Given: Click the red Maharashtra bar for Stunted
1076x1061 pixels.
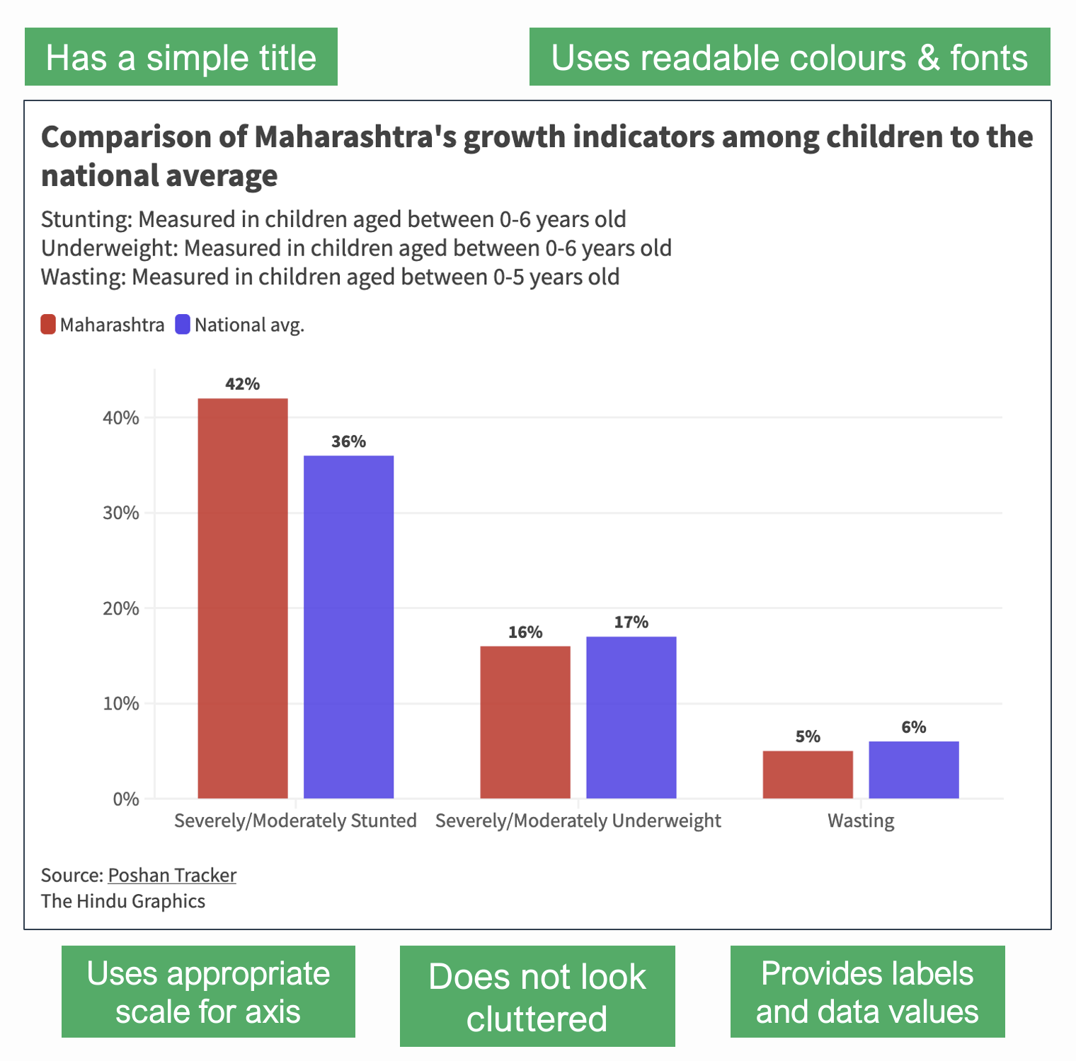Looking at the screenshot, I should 243,598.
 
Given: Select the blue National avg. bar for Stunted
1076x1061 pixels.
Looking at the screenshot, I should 348,627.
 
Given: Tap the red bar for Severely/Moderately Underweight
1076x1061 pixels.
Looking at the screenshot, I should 525,722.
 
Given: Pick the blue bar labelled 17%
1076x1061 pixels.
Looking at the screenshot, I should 631,717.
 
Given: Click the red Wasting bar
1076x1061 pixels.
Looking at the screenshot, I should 808,775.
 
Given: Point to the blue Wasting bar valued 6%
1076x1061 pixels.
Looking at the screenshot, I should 913,770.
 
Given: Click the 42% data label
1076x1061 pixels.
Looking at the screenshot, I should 243,384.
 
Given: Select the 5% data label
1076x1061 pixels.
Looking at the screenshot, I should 808,736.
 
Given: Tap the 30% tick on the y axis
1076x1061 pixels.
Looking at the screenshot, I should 121,513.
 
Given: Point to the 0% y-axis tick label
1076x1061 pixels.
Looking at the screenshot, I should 126,799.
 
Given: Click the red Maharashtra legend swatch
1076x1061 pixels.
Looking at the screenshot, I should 48,325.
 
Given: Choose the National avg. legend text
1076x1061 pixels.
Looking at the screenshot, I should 249,325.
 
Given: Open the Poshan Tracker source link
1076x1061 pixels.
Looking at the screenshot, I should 172,875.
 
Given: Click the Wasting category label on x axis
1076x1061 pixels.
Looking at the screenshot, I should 861,821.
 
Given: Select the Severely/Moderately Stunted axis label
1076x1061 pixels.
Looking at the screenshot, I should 295,821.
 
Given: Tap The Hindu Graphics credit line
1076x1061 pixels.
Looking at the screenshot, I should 123,901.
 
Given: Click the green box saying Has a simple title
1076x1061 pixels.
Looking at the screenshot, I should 181,57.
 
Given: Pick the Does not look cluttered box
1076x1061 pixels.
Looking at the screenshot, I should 537,996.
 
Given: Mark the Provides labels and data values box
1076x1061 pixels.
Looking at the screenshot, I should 867,992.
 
